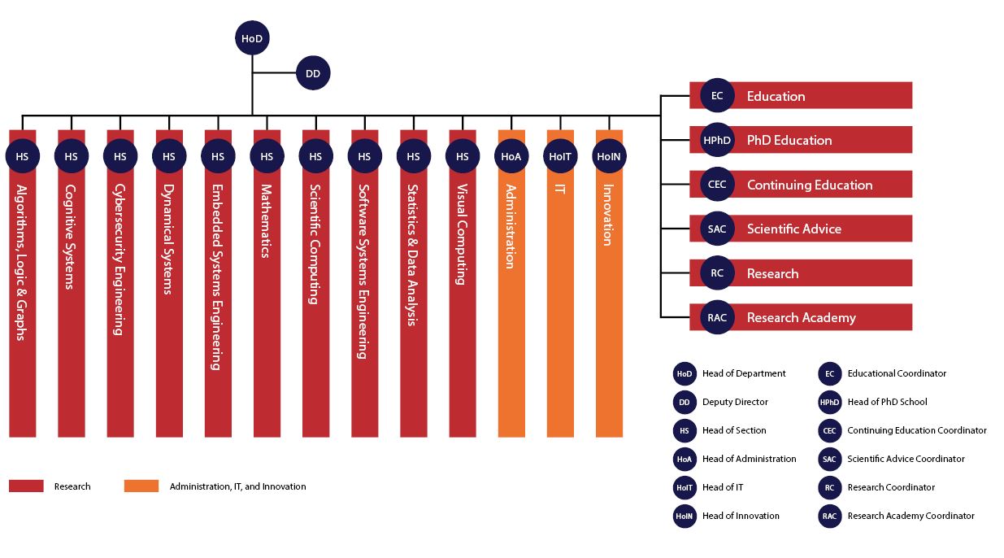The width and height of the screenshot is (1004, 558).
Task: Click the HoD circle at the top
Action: [252, 38]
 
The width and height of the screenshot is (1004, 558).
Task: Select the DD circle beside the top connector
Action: [313, 73]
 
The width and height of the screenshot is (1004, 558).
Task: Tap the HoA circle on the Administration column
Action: [511, 156]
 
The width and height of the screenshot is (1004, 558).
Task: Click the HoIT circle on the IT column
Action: [560, 156]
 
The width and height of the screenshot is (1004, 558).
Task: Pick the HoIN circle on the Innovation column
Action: [609, 156]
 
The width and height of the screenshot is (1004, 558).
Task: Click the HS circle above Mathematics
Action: [267, 156]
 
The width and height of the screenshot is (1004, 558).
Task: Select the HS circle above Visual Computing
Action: [463, 156]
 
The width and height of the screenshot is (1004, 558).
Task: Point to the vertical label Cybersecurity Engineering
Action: [120, 259]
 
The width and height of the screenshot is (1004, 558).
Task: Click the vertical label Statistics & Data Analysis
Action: [412, 255]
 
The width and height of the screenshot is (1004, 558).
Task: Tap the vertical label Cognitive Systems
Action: [71, 237]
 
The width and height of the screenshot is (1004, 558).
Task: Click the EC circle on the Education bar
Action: [717, 95]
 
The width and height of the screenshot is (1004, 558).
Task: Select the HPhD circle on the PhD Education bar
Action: [717, 140]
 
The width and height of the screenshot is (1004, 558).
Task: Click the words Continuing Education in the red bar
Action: [810, 185]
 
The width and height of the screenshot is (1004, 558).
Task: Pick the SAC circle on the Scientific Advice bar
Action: [717, 229]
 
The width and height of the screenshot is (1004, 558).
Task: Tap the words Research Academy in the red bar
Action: [802, 317]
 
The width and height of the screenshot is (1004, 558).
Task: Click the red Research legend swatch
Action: [27, 486]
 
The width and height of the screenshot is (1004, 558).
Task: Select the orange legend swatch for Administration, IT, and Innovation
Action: [141, 486]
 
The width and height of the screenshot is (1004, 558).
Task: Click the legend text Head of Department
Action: [744, 373]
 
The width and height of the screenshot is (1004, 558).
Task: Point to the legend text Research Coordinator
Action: [891, 487]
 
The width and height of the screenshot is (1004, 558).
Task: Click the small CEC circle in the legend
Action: [830, 430]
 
